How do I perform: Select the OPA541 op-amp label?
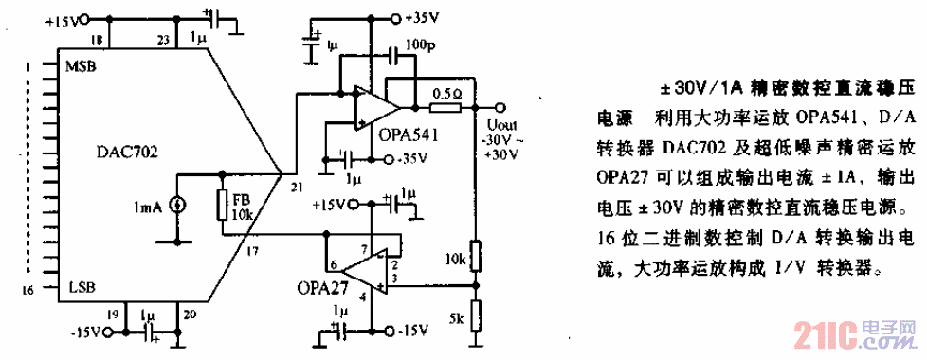pyautogui.click(x=409, y=135)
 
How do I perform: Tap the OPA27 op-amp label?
pyautogui.click(x=322, y=286)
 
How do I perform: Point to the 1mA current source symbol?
pyautogui.click(x=175, y=205)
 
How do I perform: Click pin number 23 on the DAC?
pyautogui.click(x=162, y=39)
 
